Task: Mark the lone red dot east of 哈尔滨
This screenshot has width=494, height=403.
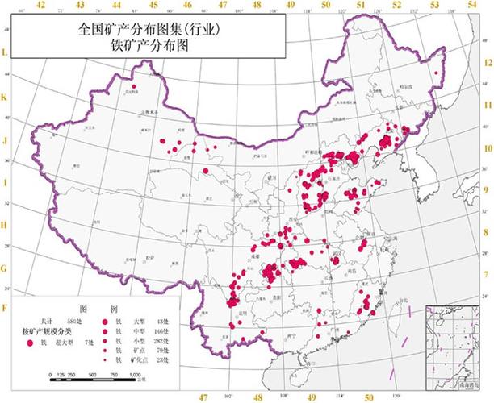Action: point(437,73)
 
